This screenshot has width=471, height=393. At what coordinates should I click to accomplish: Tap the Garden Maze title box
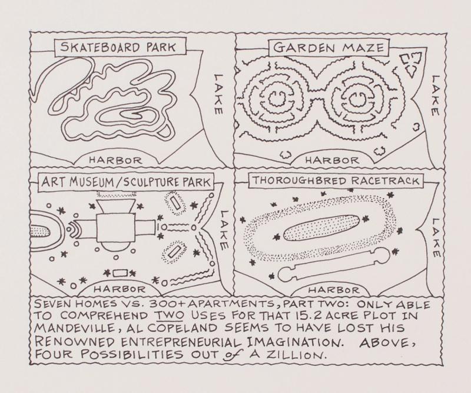click(329, 48)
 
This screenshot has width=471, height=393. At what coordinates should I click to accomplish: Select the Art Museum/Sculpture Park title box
click(126, 182)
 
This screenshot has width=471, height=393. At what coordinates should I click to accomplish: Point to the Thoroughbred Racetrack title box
click(336, 181)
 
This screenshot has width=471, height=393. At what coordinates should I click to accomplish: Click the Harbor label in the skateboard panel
click(115, 160)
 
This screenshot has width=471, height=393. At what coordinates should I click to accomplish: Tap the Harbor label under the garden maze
click(332, 160)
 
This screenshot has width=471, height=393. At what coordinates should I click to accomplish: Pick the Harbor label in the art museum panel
click(120, 289)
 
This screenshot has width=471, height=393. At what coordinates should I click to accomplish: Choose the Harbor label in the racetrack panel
click(334, 290)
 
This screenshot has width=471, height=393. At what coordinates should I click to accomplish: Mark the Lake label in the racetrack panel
click(436, 237)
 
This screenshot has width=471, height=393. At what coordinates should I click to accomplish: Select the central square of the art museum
click(115, 227)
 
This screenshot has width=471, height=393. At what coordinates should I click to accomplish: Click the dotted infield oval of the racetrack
click(321, 227)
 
